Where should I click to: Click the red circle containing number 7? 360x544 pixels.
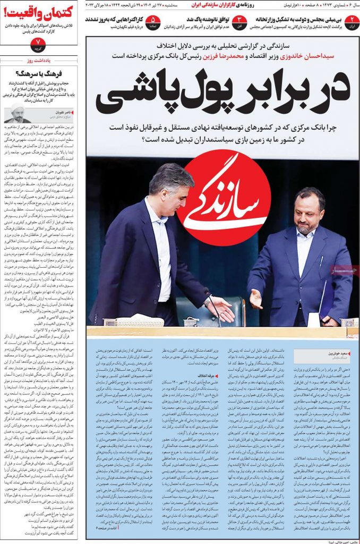(x=38, y=42)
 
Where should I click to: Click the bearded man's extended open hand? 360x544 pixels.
(x=256, y=299)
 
